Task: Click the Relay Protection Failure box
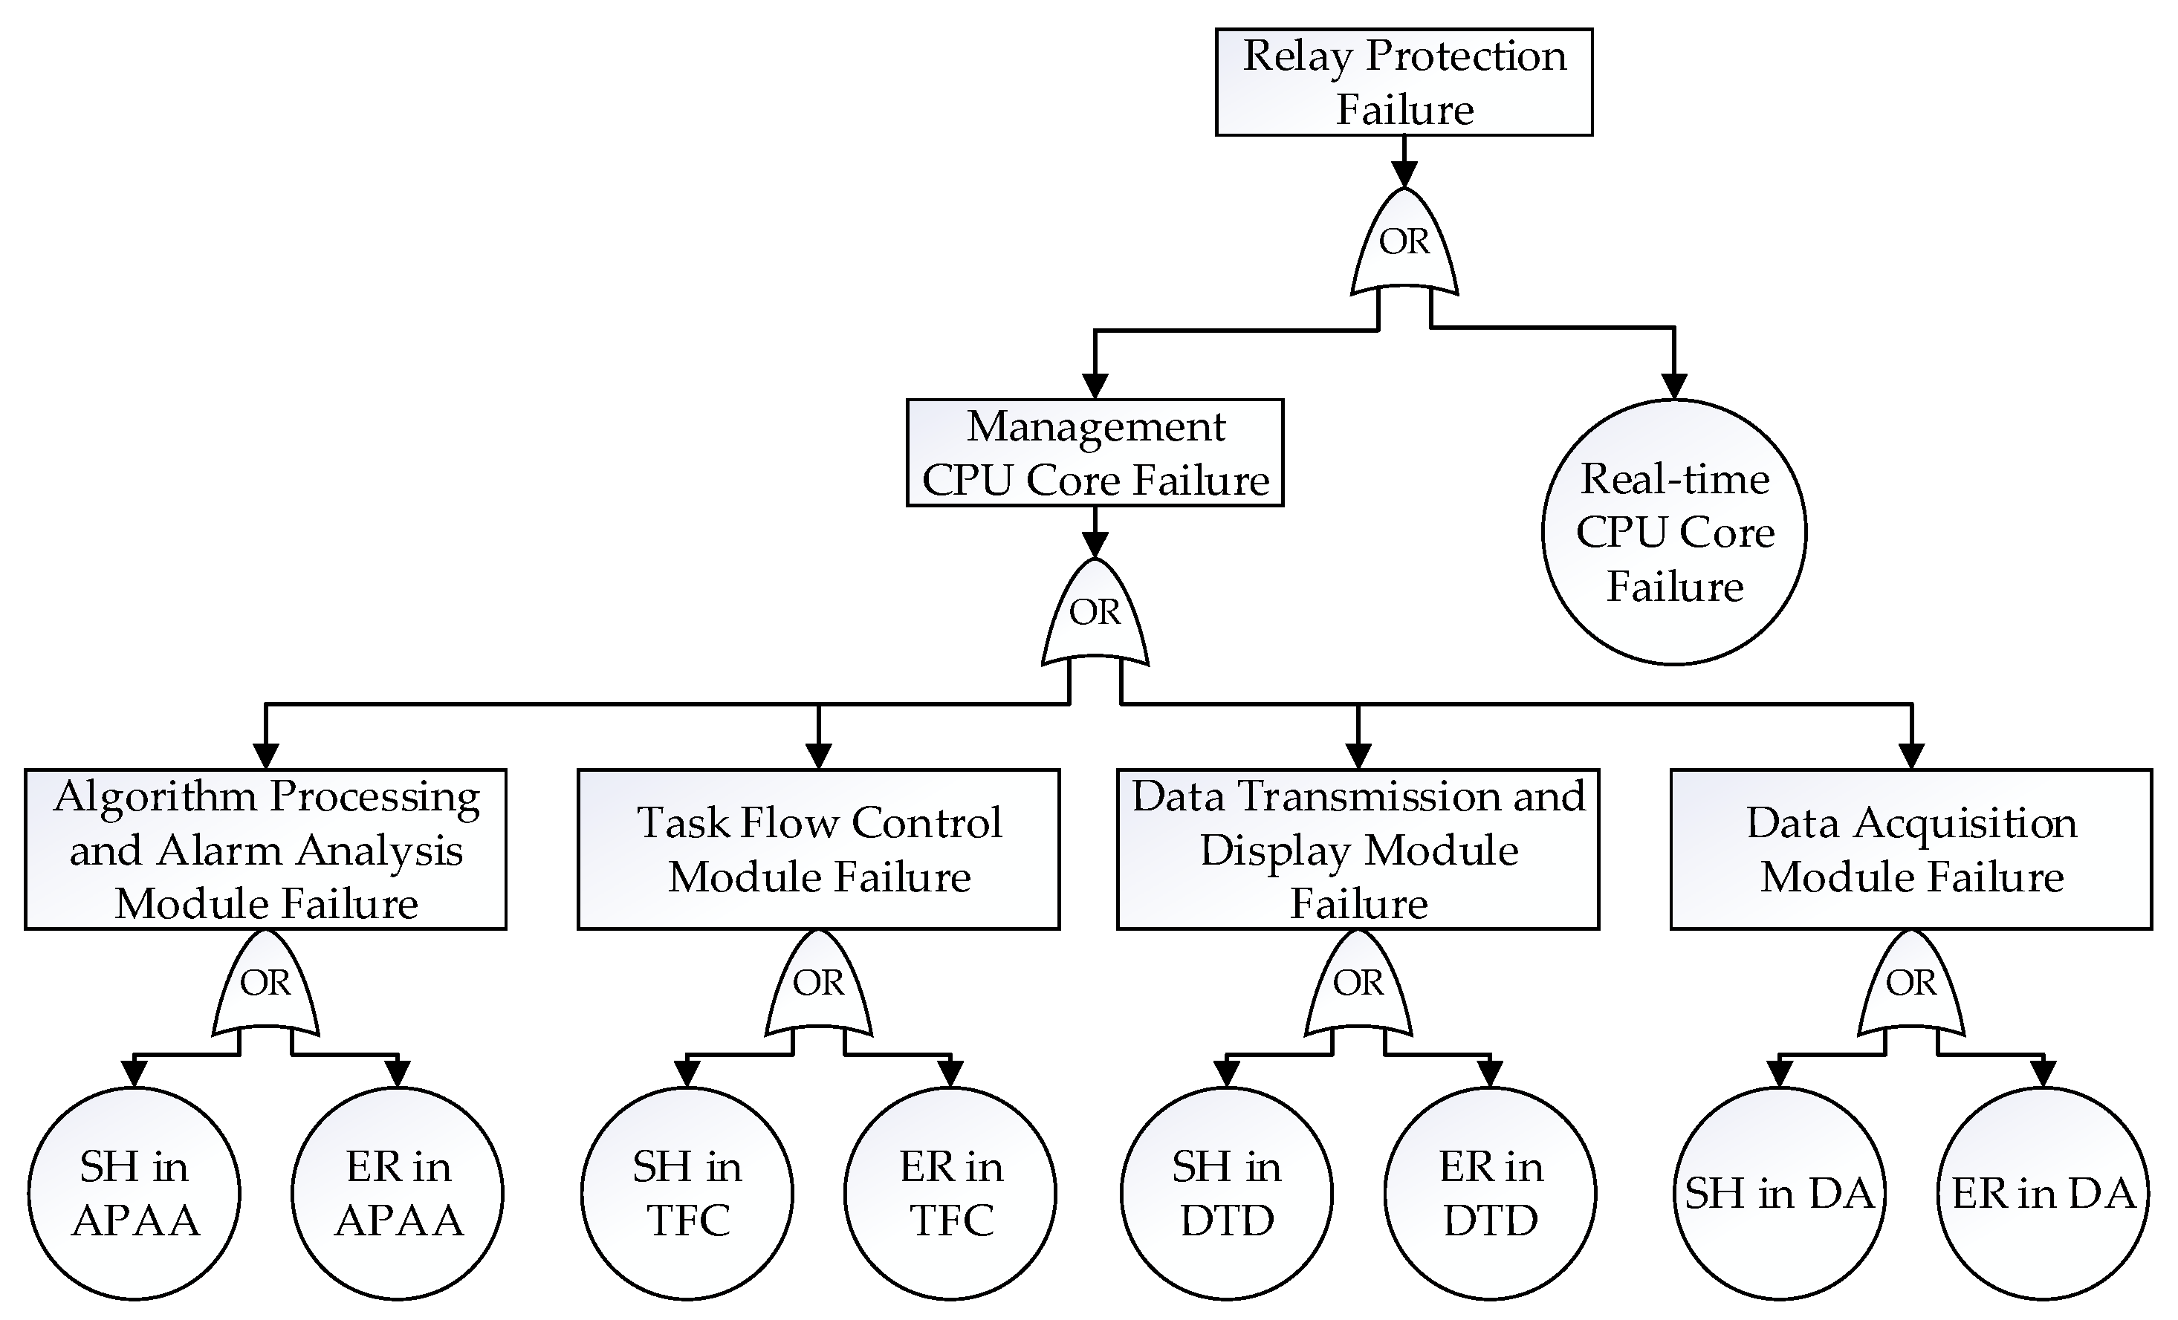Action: click(x=1404, y=82)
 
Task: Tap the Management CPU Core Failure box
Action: click(x=1095, y=453)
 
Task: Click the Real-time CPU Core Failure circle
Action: click(x=1674, y=532)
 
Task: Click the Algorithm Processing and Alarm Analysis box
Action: click(x=265, y=849)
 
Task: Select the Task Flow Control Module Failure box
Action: click(x=819, y=849)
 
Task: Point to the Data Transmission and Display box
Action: click(x=1358, y=849)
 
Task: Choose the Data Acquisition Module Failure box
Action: click(x=1910, y=849)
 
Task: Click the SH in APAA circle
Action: click(x=134, y=1193)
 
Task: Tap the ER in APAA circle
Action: click(x=398, y=1193)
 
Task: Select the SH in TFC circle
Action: click(x=687, y=1193)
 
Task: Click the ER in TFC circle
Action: click(x=950, y=1193)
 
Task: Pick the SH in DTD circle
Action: click(x=1226, y=1193)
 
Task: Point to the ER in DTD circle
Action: click(x=1491, y=1193)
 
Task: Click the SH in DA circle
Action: click(x=1778, y=1193)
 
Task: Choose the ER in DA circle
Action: click(x=2043, y=1193)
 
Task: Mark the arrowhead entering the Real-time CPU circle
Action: click(x=1674, y=387)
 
